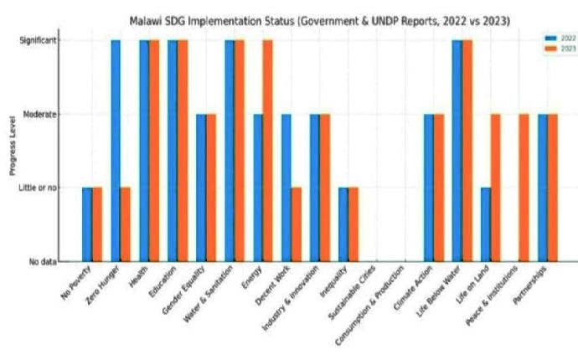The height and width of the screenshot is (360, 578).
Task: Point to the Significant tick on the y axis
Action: point(39,40)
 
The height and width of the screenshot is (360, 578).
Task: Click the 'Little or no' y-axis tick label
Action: point(39,188)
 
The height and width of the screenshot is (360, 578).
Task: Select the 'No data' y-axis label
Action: point(43,261)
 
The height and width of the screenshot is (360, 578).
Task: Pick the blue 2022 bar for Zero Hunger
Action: point(116,151)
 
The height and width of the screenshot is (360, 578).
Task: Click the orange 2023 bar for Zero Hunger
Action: point(125,224)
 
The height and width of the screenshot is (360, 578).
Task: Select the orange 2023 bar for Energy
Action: point(267,151)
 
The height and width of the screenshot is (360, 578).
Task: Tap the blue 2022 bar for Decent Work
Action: point(286,188)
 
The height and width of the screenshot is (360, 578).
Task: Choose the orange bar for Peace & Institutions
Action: point(524,188)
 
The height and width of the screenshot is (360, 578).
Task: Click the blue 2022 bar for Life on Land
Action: point(486,224)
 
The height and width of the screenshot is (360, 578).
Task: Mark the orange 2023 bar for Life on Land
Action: point(495,188)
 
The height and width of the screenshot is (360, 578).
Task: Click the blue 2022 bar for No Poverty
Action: point(87,224)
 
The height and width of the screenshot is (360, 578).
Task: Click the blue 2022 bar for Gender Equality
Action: point(201,188)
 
